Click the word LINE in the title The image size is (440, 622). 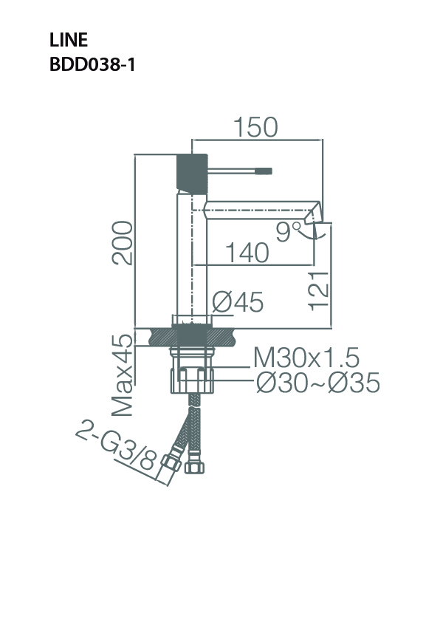point(68,41)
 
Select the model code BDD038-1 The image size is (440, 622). point(92,64)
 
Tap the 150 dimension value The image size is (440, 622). point(256,127)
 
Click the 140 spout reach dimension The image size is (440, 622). point(247,253)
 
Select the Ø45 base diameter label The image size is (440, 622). point(238,301)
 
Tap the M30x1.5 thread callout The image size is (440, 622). point(306,358)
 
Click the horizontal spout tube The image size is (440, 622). point(255,209)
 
